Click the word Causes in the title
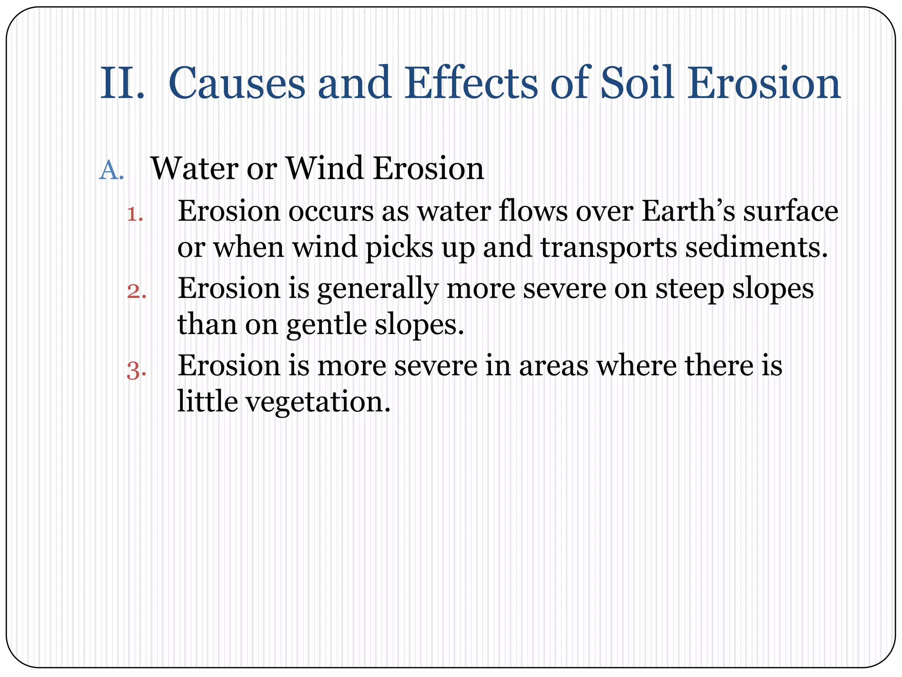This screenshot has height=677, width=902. [x=237, y=84]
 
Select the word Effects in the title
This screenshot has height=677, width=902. [x=471, y=84]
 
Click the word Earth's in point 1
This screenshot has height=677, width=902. [x=688, y=212]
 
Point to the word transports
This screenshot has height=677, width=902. [x=608, y=249]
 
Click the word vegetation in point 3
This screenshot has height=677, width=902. [x=318, y=403]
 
